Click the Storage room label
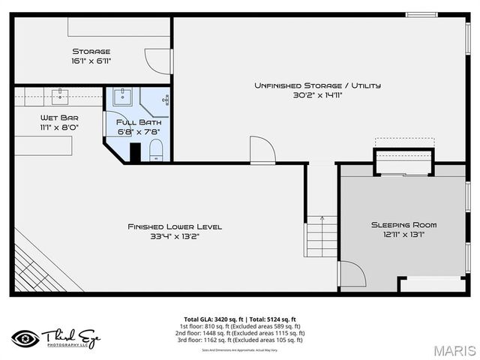click(x=91, y=52)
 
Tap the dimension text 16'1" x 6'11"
click(x=91, y=61)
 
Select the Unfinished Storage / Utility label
click(x=316, y=85)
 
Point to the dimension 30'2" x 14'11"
click(x=316, y=95)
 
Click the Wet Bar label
click(x=59, y=118)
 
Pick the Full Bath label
click(x=139, y=121)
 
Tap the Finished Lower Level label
click(x=174, y=226)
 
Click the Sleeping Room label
click(x=403, y=225)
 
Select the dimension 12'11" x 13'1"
click(x=403, y=235)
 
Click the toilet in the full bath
click(x=156, y=152)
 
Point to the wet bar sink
click(x=60, y=95)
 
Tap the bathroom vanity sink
click(x=122, y=97)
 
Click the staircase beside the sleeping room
click(x=322, y=235)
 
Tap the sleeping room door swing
click(x=351, y=274)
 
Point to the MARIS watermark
click(x=454, y=350)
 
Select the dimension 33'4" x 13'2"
click(x=174, y=236)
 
